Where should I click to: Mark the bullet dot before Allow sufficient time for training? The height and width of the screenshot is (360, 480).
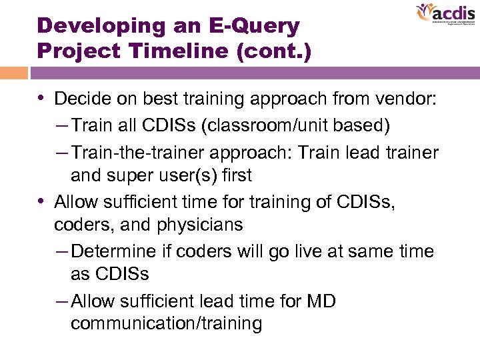pyautogui.click(x=42, y=201)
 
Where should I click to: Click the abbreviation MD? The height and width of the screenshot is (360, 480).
pyautogui.click(x=320, y=301)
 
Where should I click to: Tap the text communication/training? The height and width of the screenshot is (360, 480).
pyautogui.click(x=166, y=324)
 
